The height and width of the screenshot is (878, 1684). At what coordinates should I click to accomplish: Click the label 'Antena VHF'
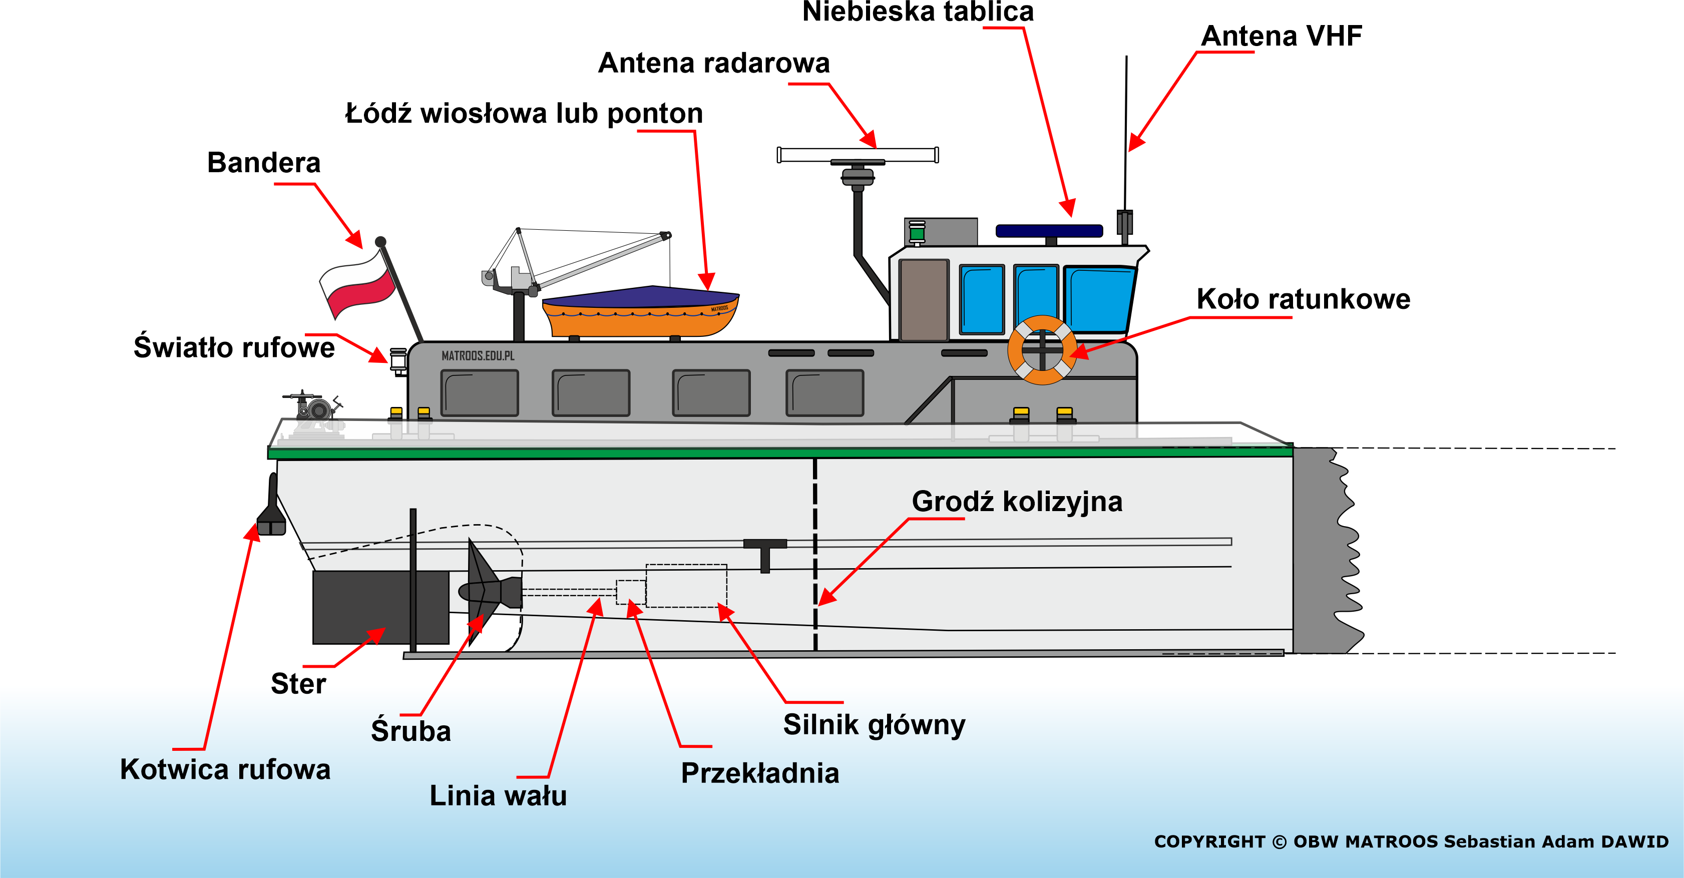click(x=1282, y=36)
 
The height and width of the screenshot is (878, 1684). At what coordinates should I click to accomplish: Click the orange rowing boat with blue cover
click(x=641, y=312)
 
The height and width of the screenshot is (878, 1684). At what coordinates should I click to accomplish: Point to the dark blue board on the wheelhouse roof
click(x=1049, y=231)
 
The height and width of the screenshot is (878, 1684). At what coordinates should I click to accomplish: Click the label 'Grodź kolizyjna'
click(x=1017, y=502)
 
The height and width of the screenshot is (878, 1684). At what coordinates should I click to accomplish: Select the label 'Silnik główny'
click(x=874, y=725)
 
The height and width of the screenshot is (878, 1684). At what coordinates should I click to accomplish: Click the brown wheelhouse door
click(x=924, y=299)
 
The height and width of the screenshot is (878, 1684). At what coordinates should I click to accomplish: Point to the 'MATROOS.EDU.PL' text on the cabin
click(x=478, y=355)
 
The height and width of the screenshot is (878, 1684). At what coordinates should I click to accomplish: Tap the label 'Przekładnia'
click(x=759, y=773)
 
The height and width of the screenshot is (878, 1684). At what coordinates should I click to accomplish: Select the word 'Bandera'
click(x=263, y=162)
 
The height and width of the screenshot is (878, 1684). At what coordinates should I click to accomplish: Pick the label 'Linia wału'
click(x=498, y=795)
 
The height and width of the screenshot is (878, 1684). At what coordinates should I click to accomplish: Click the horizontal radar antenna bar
click(x=858, y=155)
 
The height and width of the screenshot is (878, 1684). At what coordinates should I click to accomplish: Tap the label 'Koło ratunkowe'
click(x=1304, y=299)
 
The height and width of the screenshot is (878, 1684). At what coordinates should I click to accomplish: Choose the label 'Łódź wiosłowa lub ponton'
click(x=524, y=113)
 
